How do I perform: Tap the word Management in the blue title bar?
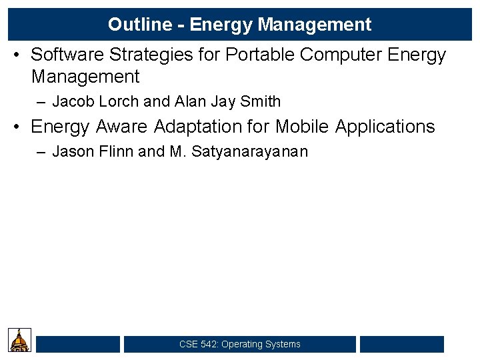coord(314,25)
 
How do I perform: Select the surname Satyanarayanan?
coord(249,151)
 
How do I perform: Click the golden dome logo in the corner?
coord(20,340)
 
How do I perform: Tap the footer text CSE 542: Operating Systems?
coord(240,344)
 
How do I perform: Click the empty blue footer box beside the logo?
coord(78,344)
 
